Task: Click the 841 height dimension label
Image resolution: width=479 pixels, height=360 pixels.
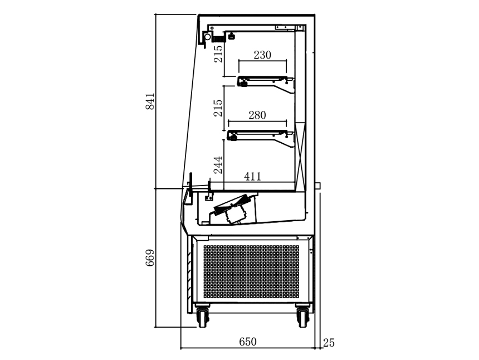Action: tap(150, 101)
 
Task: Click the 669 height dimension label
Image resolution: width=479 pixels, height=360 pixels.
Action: tap(150, 258)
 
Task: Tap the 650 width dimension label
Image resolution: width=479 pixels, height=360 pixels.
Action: tap(248, 342)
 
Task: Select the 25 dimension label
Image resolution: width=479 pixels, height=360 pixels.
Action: tap(329, 343)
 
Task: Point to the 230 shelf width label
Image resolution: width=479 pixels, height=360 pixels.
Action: tap(262, 55)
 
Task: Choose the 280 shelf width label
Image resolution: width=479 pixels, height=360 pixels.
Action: tap(257, 115)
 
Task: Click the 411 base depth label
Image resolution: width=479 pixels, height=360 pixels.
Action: tap(253, 176)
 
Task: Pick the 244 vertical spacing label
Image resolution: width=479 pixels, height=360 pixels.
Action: tap(218, 165)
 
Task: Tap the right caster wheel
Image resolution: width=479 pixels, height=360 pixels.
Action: tap(302, 315)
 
